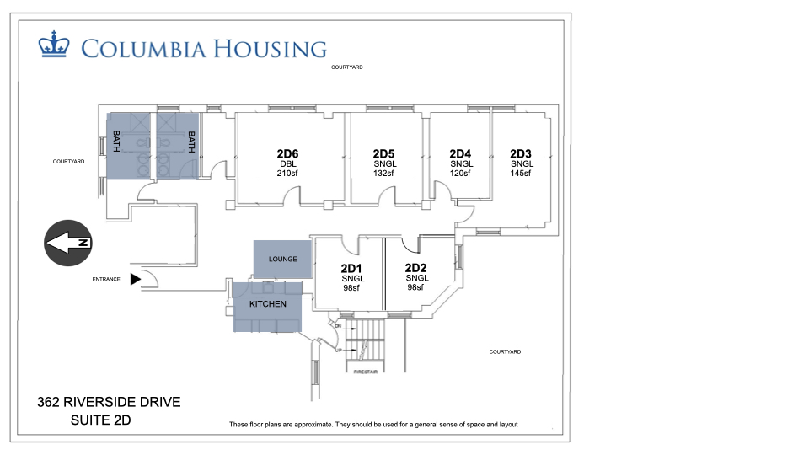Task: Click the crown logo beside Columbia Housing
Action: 54,44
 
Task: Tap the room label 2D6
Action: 287,153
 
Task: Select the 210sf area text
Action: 287,174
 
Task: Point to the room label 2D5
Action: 384,153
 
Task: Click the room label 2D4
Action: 460,153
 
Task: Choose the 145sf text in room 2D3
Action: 521,174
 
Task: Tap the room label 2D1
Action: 351,268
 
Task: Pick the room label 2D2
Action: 415,268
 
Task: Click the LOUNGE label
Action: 283,259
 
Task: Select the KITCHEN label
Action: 268,304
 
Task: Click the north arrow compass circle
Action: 68,243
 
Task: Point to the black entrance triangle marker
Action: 135,279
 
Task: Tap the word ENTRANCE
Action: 106,279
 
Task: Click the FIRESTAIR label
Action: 365,372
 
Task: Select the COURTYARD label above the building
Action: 346,67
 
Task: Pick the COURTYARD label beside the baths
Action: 68,162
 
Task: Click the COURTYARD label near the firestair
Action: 505,352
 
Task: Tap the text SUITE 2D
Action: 100,420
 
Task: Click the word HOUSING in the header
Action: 270,49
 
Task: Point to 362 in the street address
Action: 48,402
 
